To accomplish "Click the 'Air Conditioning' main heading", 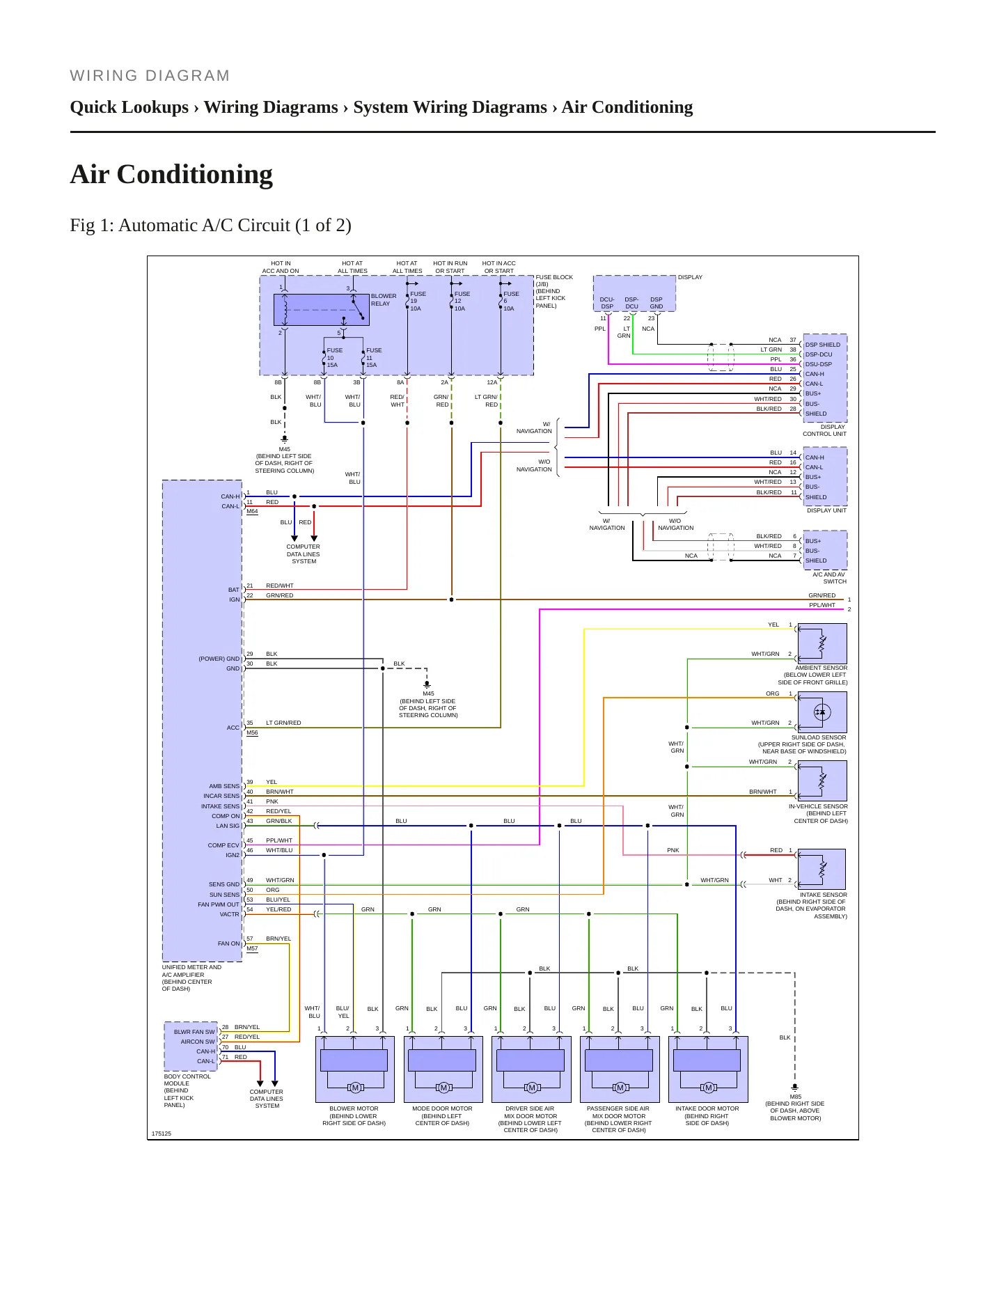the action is pyautogui.click(x=171, y=174).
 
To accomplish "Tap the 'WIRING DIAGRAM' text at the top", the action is pyautogui.click(x=150, y=76).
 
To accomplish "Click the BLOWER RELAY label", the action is pyautogui.click(x=384, y=299).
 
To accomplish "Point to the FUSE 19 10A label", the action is pyautogui.click(x=418, y=301).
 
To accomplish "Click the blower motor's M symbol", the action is pyautogui.click(x=355, y=1088).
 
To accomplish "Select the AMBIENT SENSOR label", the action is pyautogui.click(x=822, y=668).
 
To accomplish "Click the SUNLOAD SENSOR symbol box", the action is pyautogui.click(x=822, y=712).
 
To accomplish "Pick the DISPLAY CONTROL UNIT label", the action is pyautogui.click(x=825, y=430).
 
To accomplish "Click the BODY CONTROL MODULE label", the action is pyautogui.click(x=187, y=1080).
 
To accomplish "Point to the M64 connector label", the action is pyautogui.click(x=252, y=512).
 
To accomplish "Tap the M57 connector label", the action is pyautogui.click(x=252, y=948).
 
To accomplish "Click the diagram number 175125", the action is pyautogui.click(x=161, y=1134).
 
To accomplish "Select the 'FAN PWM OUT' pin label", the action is pyautogui.click(x=219, y=904).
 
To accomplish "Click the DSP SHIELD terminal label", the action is pyautogui.click(x=823, y=345).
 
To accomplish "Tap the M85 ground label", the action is pyautogui.click(x=796, y=1097).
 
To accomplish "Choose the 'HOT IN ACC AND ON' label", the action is pyautogui.click(x=281, y=267).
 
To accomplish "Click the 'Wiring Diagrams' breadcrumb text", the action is pyautogui.click(x=271, y=107).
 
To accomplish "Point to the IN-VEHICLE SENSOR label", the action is pyautogui.click(x=818, y=806).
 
